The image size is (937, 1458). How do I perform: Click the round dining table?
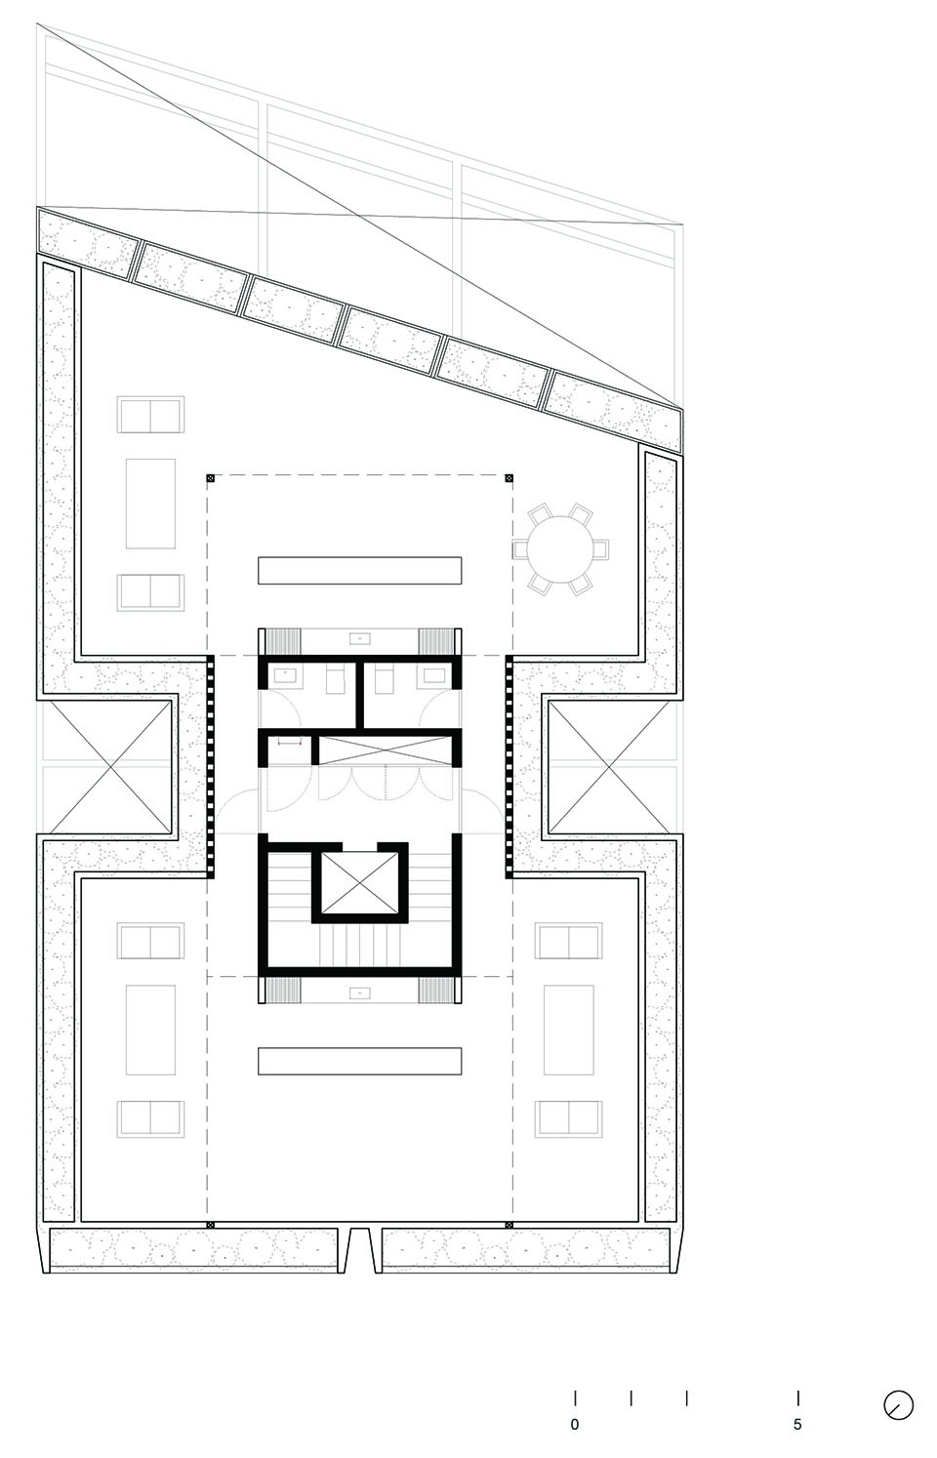560,549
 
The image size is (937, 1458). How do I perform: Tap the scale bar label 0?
574,1424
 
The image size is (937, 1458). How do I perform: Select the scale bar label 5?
797,1424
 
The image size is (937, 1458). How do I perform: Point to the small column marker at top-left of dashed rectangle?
210,478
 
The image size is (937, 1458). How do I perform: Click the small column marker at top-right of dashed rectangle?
509,478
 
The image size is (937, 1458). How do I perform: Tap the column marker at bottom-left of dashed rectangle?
210,1225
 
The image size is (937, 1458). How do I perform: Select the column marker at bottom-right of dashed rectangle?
509,1225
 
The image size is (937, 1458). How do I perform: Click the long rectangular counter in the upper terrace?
359,570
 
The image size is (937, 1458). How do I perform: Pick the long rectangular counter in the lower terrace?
359,1060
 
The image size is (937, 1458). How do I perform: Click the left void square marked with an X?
109,766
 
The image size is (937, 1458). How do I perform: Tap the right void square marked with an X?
610,766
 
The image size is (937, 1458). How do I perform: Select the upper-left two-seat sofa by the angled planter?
150,415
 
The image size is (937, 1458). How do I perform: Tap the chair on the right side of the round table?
600,549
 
